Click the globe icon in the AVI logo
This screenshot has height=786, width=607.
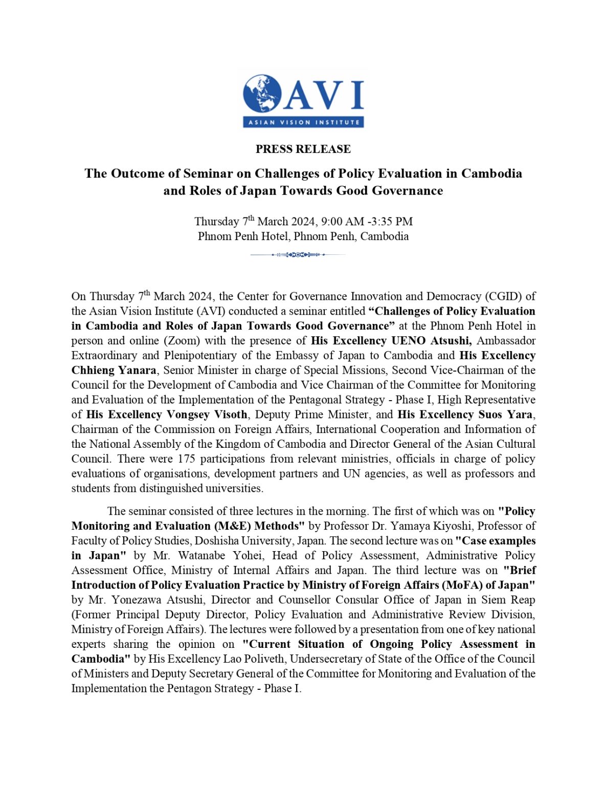262,94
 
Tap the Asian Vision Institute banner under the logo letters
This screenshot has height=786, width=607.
303,122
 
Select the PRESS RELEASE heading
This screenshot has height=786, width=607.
303,149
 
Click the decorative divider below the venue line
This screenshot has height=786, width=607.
298,254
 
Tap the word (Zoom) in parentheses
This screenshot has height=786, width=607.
185,341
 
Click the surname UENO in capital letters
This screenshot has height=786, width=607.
409,341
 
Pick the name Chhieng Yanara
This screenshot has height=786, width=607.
114,370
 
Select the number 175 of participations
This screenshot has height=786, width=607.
186,459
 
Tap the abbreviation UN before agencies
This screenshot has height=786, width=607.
352,474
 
